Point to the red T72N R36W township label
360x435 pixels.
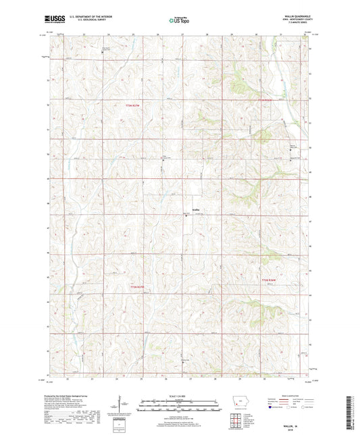pyautogui.click(x=269, y=278)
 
